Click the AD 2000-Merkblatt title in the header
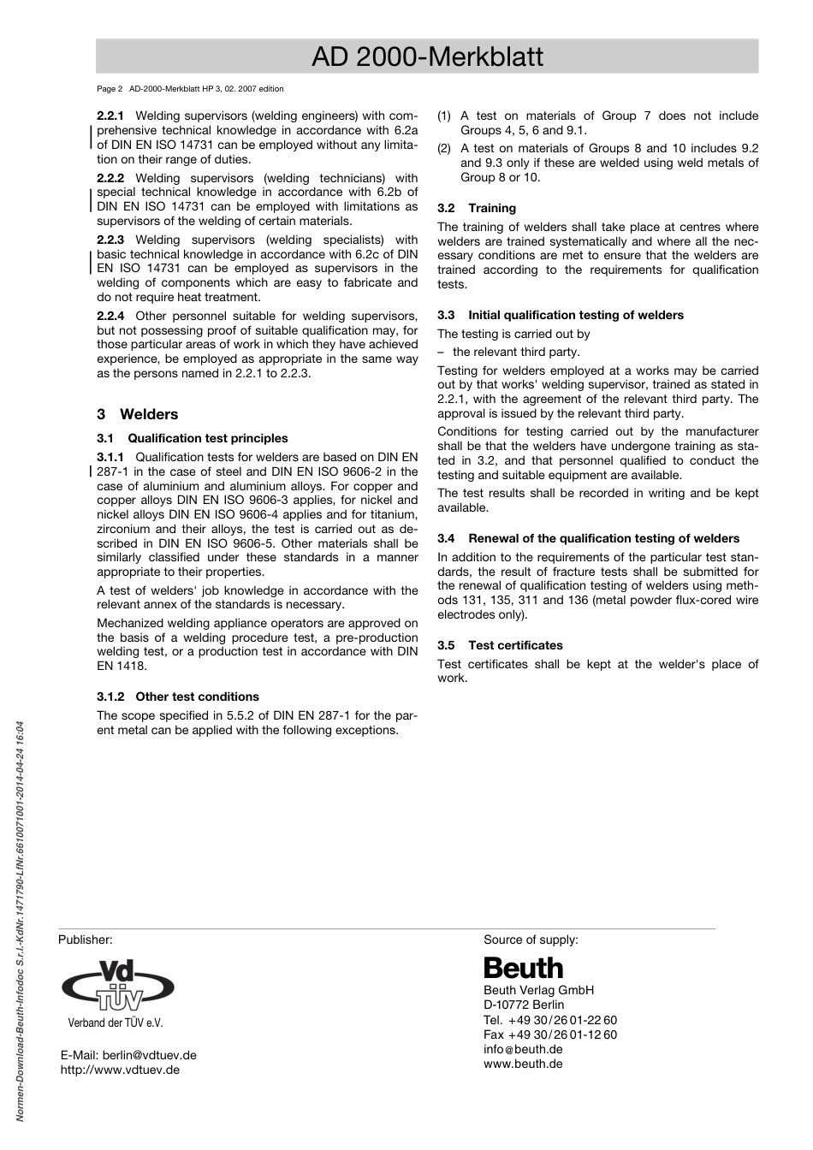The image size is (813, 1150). point(427,56)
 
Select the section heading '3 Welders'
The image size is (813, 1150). point(138,414)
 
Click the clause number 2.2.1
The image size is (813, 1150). point(110,116)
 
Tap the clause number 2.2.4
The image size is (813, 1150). point(110,316)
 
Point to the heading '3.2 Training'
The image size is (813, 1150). point(477,208)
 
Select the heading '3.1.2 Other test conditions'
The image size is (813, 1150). point(178,697)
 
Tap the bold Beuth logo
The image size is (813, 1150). point(524,968)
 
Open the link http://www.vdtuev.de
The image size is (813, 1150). point(120,1070)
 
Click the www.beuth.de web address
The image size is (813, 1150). point(523,1064)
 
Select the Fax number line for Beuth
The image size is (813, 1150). point(550,1034)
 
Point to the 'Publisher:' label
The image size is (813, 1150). point(86,940)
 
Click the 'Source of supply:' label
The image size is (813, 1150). point(531,940)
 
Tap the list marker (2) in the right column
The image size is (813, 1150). point(444,148)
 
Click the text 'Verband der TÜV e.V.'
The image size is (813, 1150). point(116,1023)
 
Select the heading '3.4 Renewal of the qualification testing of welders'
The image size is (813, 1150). point(588,538)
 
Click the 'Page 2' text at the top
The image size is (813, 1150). point(110,89)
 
